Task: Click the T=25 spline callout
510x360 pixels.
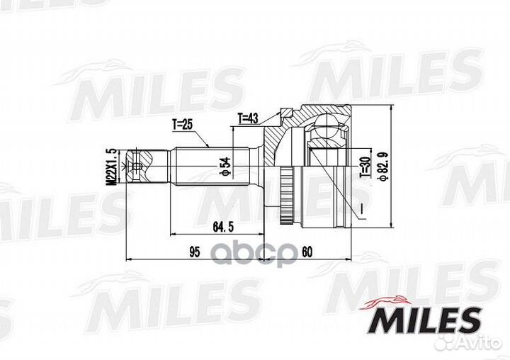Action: (x=183, y=125)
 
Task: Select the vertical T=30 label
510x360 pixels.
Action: (x=364, y=169)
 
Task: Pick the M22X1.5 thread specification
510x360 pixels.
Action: (x=110, y=169)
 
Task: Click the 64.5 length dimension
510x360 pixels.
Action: (x=224, y=226)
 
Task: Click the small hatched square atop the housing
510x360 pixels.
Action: (x=285, y=111)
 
